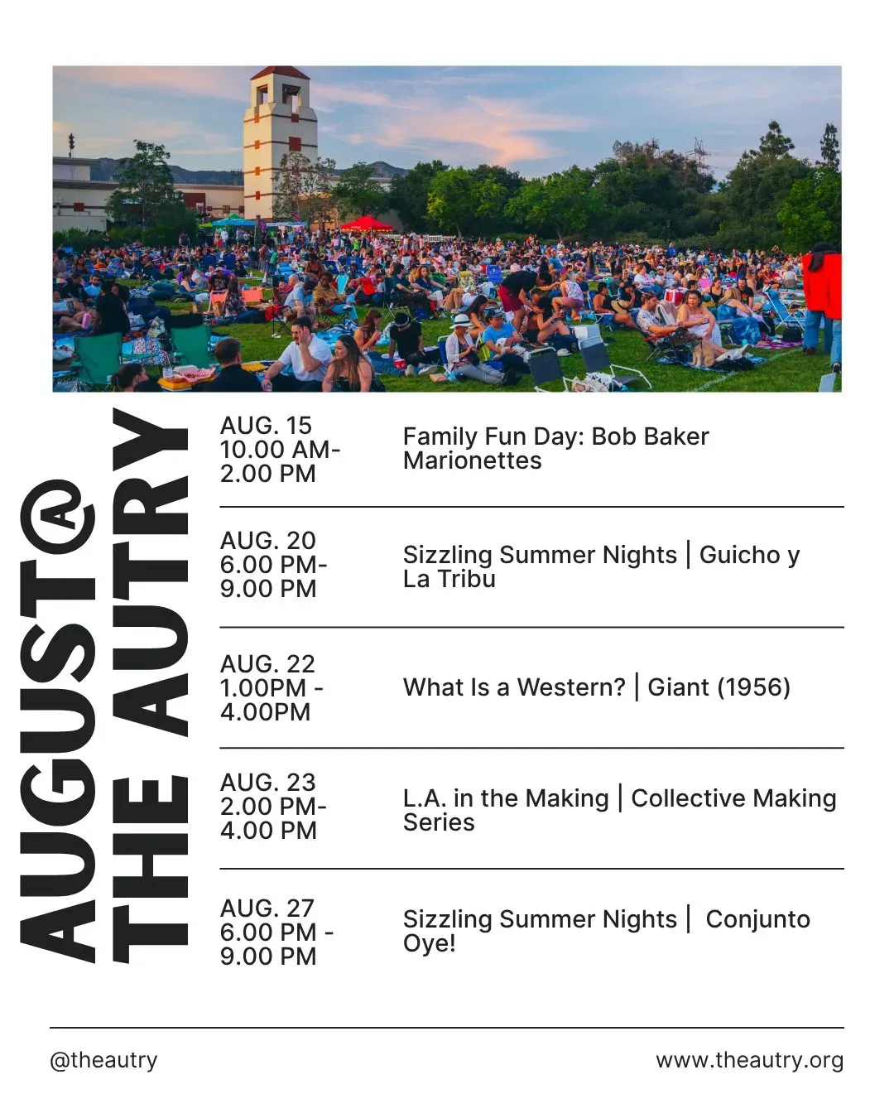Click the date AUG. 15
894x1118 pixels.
[266, 426]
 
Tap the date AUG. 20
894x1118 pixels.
[267, 541]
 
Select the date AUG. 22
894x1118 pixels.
[267, 664]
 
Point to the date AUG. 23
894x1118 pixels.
[267, 783]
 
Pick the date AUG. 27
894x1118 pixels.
[267, 908]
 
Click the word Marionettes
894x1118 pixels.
[472, 460]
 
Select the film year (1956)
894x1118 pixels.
[754, 687]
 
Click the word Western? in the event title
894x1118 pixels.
[571, 687]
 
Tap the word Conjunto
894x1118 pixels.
[758, 920]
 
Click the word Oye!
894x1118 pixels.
[429, 944]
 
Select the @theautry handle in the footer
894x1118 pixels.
[104, 1060]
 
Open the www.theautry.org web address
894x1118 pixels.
[750, 1060]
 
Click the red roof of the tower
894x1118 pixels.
[280, 73]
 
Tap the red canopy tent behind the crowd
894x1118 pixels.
[366, 224]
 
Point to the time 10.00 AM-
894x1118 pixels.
[280, 450]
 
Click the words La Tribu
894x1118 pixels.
[449, 579]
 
